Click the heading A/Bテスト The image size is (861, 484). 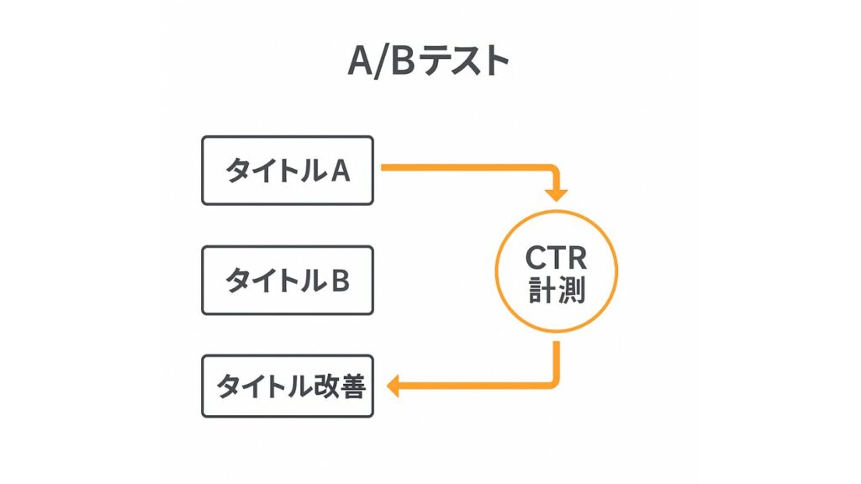coord(429,61)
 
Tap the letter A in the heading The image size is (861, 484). coord(361,61)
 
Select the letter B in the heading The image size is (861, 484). coord(404,61)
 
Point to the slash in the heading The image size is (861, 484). coord(383,61)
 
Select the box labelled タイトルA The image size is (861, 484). coord(287,171)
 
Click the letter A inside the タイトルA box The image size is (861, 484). coord(340,171)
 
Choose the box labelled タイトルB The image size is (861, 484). coord(287,281)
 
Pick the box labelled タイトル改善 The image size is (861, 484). coord(287,387)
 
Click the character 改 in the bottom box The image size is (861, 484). coord(324,387)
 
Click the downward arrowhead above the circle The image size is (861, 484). coord(556,195)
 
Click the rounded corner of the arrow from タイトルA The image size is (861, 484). coord(552,171)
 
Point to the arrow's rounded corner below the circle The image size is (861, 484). coord(552,382)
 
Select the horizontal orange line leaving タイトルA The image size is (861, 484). coord(462,168)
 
